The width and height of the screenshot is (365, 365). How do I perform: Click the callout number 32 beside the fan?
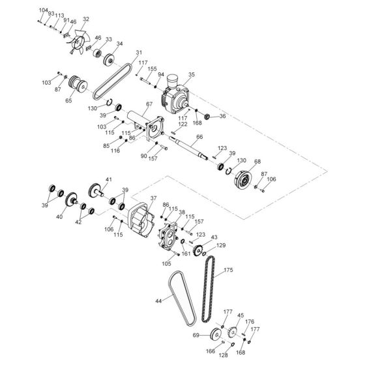click(x=87, y=20)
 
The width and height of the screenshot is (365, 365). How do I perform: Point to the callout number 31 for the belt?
click(x=138, y=53)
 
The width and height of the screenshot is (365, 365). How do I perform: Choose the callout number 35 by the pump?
click(x=191, y=75)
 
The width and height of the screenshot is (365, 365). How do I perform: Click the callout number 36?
click(x=222, y=117)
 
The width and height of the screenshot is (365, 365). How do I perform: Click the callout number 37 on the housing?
click(x=153, y=198)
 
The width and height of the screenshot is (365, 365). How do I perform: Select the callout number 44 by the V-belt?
click(x=158, y=301)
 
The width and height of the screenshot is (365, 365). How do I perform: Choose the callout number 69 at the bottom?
click(x=196, y=335)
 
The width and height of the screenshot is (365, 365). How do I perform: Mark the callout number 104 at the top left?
click(x=43, y=11)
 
